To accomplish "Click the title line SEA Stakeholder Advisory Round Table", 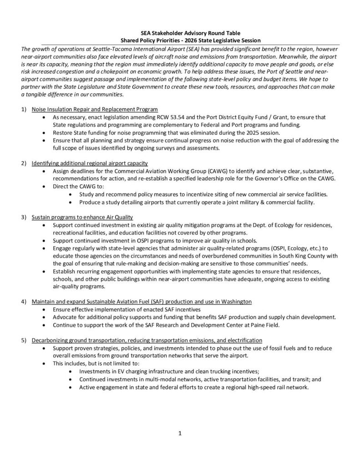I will click(x=180, y=33).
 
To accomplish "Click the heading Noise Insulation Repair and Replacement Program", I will click(x=95, y=110).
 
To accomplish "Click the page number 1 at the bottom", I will click(x=180, y=433).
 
